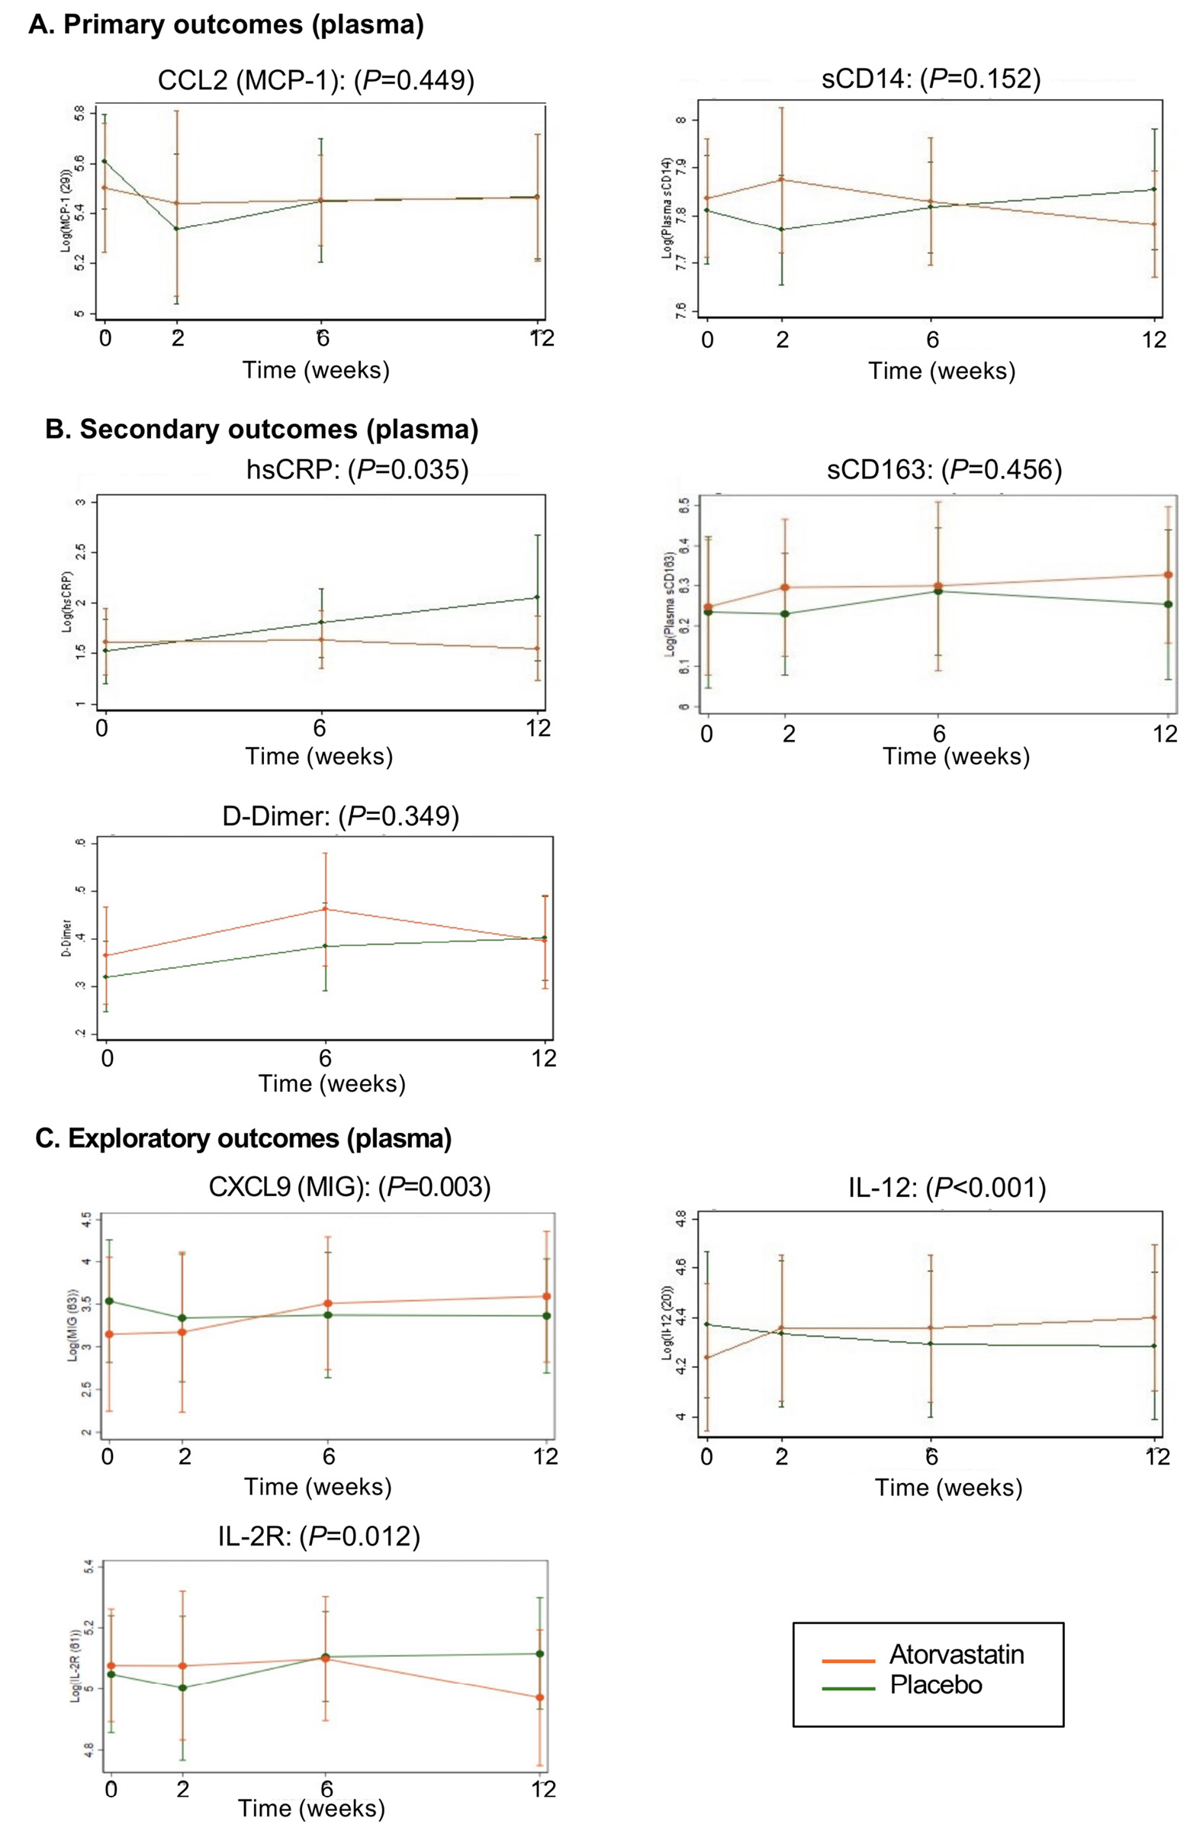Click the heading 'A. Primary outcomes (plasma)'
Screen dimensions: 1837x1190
click(226, 24)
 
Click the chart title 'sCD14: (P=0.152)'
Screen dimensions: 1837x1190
click(931, 78)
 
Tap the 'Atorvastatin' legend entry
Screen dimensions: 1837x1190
click(956, 1654)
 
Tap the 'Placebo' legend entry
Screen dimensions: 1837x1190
click(935, 1684)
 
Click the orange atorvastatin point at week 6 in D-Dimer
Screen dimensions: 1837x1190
click(325, 909)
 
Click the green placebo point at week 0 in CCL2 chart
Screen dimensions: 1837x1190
click(105, 161)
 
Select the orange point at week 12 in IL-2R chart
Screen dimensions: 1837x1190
click(539, 1697)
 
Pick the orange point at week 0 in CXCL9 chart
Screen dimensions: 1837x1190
click(110, 1334)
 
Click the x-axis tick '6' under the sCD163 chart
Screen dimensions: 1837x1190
click(938, 732)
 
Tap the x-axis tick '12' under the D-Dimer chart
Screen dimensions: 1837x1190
click(544, 1057)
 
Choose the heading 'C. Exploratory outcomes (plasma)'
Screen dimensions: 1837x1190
click(244, 1138)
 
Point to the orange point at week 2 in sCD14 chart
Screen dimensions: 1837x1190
click(782, 179)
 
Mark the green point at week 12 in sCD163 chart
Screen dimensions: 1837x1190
click(1168, 603)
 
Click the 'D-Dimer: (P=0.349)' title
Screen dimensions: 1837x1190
click(340, 816)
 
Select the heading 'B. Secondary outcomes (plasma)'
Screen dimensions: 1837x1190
click(262, 429)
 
